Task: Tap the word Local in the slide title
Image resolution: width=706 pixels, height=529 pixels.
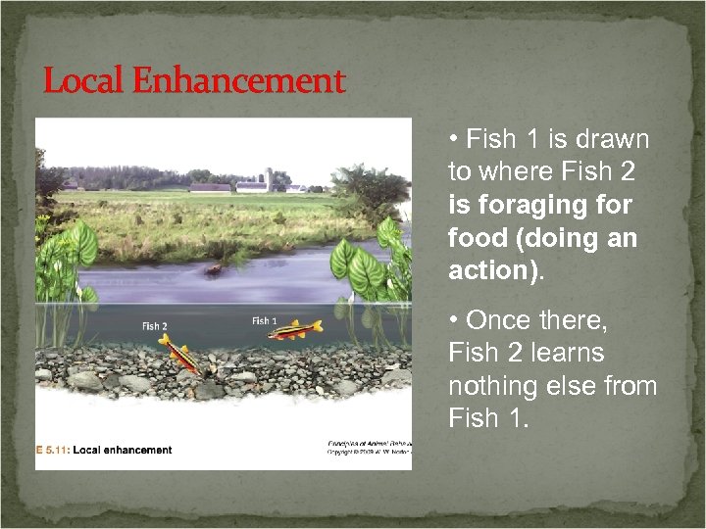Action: coord(78,81)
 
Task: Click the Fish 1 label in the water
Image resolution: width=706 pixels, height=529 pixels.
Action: coord(265,320)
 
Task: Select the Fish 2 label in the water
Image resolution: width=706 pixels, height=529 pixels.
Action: coord(155,326)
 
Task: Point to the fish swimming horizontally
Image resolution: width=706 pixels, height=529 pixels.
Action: coord(295,331)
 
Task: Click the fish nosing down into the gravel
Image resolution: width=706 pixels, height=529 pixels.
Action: coord(181,354)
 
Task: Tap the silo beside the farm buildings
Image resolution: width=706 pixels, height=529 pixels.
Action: coord(266,180)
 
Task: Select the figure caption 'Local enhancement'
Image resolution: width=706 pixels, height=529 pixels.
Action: coord(126,451)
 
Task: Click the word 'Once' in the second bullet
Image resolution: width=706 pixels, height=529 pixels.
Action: coord(498,320)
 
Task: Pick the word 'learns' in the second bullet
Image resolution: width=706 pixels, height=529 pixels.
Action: coord(570,353)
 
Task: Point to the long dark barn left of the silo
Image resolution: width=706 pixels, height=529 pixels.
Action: coord(210,187)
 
